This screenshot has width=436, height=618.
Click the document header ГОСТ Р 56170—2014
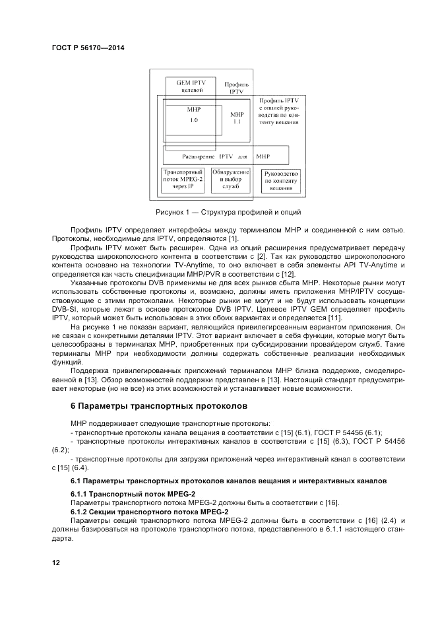tap(88, 48)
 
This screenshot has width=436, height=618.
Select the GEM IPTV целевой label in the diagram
tap(191, 86)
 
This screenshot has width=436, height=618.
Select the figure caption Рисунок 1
tap(228, 213)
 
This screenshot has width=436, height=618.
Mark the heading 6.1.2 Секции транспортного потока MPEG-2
tap(149, 512)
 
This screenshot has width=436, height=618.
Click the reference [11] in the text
tap(334, 318)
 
